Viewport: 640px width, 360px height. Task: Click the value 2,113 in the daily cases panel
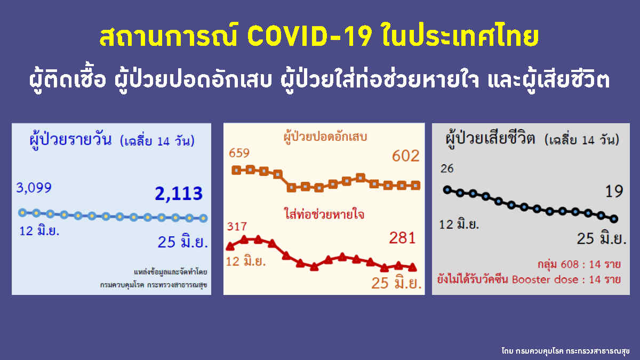[179, 194]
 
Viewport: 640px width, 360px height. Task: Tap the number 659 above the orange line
[239, 154]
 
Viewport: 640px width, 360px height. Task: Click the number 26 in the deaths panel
[447, 169]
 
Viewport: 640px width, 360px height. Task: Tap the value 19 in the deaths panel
[614, 191]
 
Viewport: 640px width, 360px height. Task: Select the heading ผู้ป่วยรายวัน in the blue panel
[71, 140]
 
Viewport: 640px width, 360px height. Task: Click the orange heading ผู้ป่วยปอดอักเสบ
[329, 137]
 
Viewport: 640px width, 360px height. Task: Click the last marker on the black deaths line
[614, 218]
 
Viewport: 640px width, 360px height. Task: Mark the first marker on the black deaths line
[447, 189]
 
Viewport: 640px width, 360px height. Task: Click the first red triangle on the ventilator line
[230, 246]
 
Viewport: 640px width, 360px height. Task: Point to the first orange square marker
[236, 170]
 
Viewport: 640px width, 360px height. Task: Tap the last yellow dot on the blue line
[203, 218]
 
